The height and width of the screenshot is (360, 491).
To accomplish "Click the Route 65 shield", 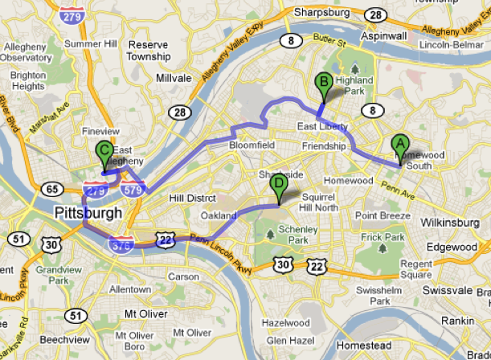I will click(54, 190).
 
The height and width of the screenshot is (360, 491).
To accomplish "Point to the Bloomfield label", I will click(253, 146).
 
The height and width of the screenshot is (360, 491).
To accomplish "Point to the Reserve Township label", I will click(148, 50).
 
